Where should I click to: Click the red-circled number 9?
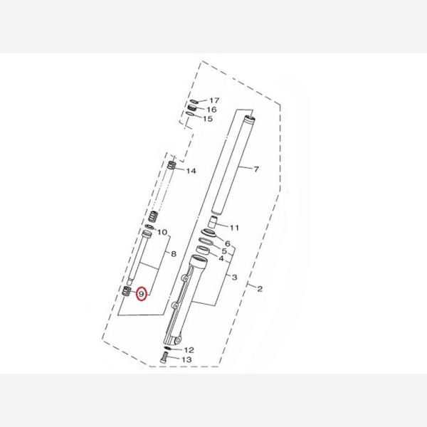[x=141, y=294]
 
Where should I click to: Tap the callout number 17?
[x=214, y=101]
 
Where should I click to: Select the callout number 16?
[x=211, y=110]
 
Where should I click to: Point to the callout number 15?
[x=208, y=119]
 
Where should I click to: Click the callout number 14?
[x=191, y=171]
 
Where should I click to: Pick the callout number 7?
[x=256, y=169]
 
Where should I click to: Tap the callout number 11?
[x=234, y=228]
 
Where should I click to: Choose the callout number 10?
[x=162, y=232]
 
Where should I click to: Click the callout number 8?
[x=174, y=254]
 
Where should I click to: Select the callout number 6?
[x=228, y=243]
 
